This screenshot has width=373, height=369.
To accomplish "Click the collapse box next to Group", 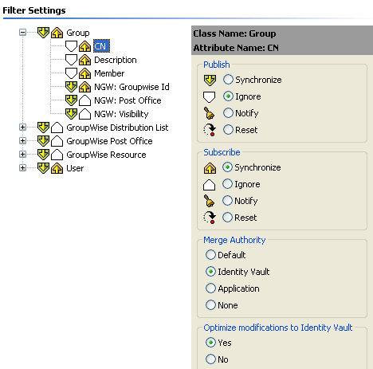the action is click(23, 33).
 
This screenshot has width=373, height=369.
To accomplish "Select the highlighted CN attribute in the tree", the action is click(100, 46).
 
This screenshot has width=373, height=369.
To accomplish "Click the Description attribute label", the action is click(116, 60).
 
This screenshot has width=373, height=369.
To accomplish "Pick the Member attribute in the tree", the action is click(109, 73).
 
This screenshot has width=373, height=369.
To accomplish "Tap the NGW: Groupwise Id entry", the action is click(132, 87).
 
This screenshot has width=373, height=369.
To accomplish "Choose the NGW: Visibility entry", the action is click(121, 114).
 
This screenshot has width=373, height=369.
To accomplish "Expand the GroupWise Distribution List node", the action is click(23, 128).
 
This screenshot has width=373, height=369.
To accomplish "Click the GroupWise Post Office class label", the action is click(109, 141).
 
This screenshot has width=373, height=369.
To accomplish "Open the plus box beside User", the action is click(23, 168).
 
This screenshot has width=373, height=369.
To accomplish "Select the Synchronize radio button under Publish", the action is click(228, 80).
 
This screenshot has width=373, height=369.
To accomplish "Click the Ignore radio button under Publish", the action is click(228, 96).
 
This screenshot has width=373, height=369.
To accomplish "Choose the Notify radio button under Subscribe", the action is click(227, 201).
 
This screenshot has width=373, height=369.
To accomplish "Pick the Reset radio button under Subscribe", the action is click(227, 218).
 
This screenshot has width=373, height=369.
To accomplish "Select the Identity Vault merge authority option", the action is click(210, 272).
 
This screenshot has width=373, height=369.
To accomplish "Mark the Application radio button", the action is click(210, 289).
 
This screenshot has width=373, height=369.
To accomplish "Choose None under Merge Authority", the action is click(210, 305).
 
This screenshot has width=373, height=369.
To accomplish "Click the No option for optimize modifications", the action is click(210, 359).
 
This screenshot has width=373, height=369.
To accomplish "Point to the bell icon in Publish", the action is click(209, 113).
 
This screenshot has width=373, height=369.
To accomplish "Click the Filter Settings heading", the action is click(34, 10).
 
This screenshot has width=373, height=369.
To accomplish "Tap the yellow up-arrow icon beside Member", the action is click(84, 73).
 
